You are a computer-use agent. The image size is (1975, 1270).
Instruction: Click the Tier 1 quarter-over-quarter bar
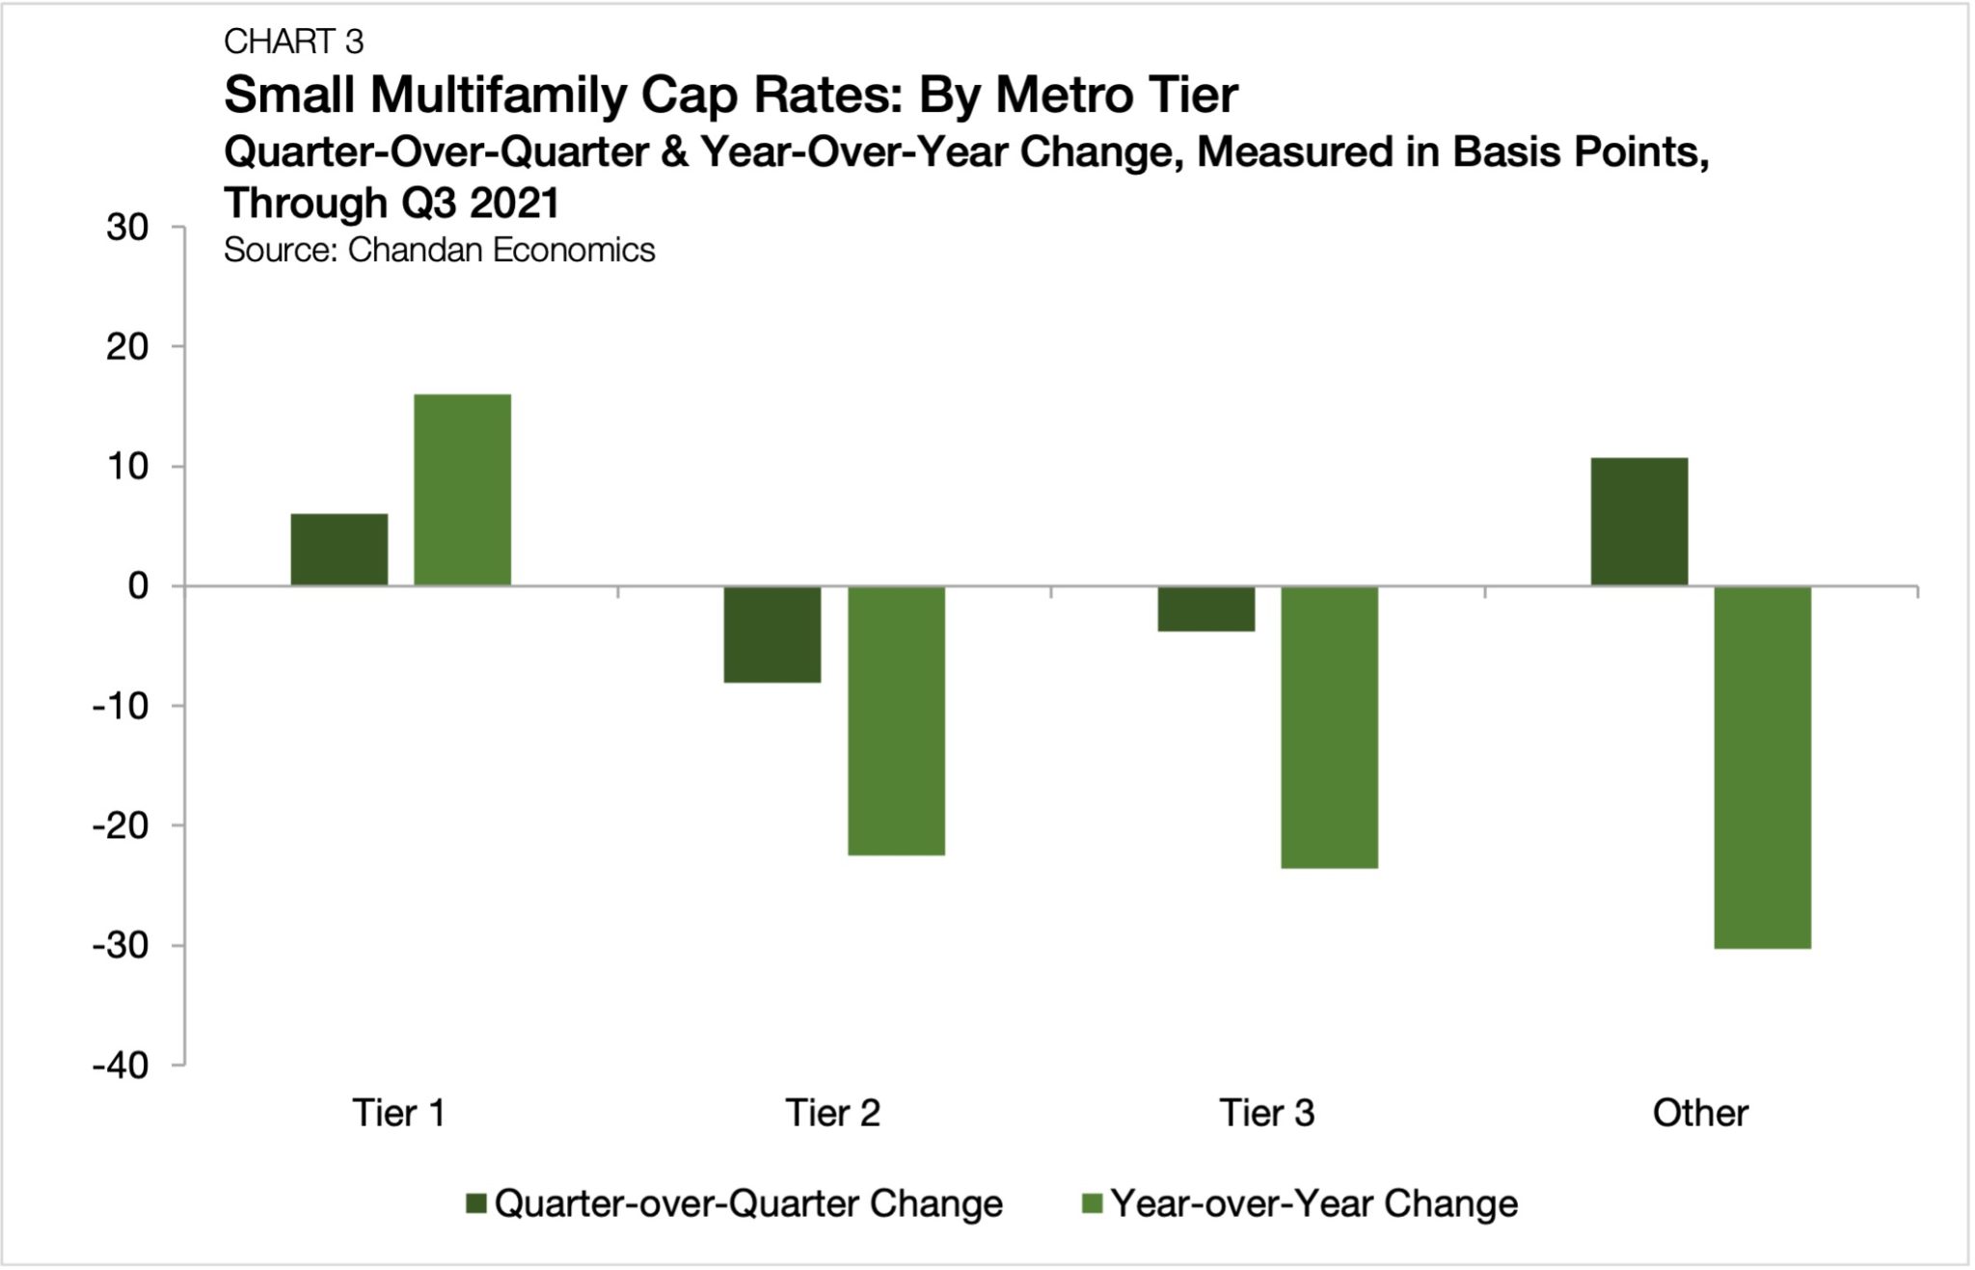point(338,550)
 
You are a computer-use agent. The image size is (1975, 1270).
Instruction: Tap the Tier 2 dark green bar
point(772,634)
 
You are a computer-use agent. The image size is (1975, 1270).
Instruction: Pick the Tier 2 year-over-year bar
point(896,720)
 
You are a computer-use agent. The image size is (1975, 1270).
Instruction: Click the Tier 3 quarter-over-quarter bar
point(1205,608)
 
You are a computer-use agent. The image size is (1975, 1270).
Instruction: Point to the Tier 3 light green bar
point(1329,727)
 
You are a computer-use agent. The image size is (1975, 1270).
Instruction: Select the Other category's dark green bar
point(1638,522)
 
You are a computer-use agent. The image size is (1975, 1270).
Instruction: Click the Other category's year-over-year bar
point(1762,767)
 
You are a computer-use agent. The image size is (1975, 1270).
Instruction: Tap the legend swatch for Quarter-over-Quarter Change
point(475,1203)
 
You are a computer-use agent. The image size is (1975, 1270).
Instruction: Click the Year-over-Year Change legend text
point(1313,1203)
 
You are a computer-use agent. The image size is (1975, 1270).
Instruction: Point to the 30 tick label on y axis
point(127,228)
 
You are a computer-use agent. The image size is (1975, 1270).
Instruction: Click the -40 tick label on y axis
point(121,1066)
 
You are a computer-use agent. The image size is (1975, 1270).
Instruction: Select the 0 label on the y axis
point(138,586)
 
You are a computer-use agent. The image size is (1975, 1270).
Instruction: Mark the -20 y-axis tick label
point(121,826)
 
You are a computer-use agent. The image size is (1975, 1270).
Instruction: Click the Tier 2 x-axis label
point(832,1113)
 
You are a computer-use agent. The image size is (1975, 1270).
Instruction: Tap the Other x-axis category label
point(1699,1113)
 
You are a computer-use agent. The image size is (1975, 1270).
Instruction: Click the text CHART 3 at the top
point(293,41)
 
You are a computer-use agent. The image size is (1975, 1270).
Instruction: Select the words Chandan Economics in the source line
point(501,250)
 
